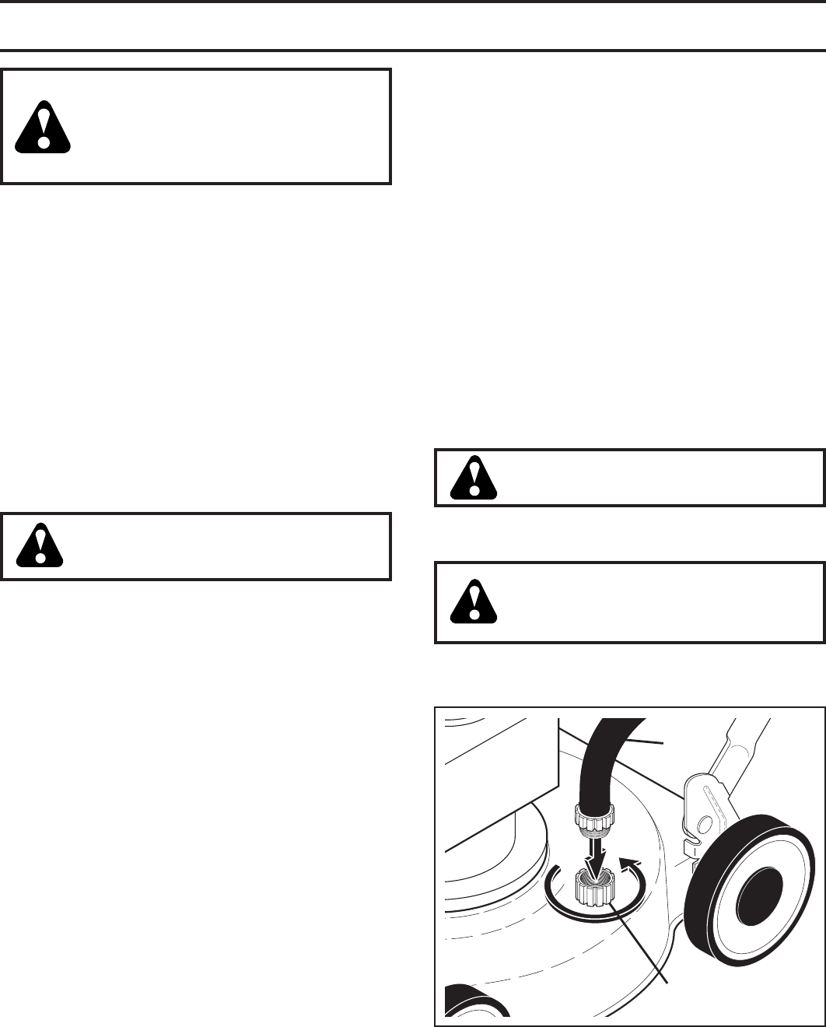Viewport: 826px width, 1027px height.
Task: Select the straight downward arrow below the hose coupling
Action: (x=595, y=853)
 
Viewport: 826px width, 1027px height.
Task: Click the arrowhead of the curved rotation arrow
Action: (x=632, y=859)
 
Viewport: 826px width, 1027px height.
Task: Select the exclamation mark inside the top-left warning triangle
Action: (x=44, y=125)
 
